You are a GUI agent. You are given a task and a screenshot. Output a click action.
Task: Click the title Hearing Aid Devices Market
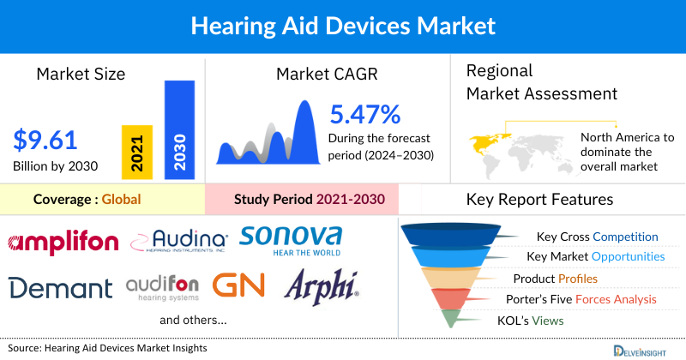coord(342,26)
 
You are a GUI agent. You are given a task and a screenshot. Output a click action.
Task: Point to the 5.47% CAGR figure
coord(365,114)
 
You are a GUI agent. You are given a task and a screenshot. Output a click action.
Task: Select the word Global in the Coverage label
coord(121,200)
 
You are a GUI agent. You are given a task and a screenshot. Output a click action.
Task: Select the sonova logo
coord(292,240)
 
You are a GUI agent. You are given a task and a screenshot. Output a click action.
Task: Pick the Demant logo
coord(61,287)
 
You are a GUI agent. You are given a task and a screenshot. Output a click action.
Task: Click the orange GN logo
coord(238,285)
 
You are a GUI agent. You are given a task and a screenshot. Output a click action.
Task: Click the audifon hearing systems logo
coord(163,287)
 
